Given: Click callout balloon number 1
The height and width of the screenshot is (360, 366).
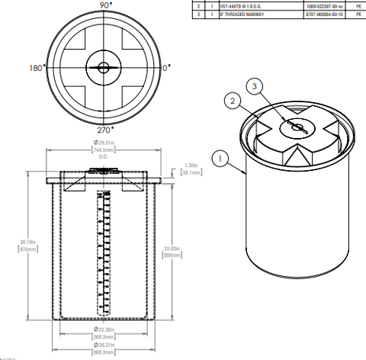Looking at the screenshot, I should (x=220, y=159).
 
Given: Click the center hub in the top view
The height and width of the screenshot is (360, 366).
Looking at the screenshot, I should (x=103, y=68).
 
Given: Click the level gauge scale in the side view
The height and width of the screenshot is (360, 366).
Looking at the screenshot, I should (x=102, y=252).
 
